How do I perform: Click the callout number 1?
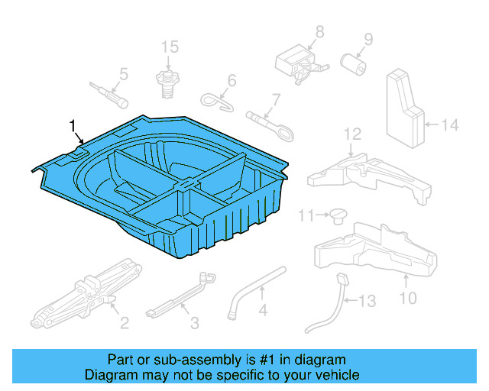click(73, 124)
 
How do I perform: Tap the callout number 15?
click(170, 47)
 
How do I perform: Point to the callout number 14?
click(451, 124)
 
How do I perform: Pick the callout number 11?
click(306, 216)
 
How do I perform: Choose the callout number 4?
click(262, 311)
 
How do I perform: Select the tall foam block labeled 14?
click(405, 107)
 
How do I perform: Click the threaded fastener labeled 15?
click(167, 79)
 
